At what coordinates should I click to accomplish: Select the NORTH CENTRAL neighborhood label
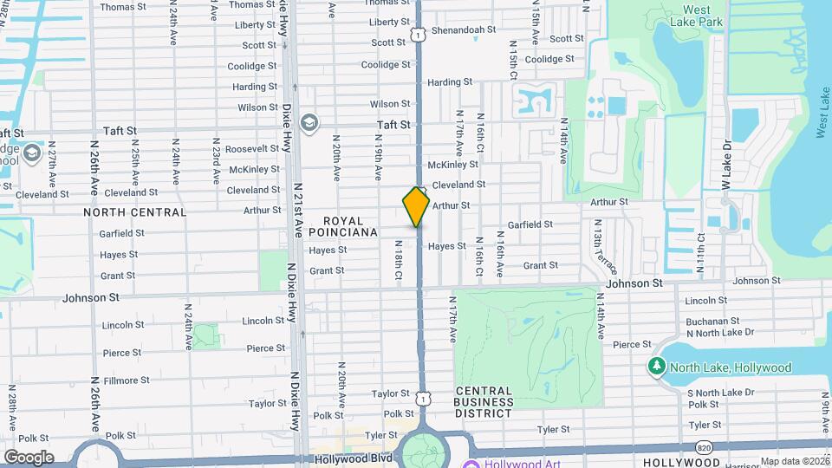click(134, 212)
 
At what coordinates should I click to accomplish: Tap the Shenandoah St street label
click(463, 29)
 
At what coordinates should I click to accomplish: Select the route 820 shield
click(705, 447)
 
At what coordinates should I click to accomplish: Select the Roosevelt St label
click(251, 149)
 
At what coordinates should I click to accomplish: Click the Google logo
click(29, 458)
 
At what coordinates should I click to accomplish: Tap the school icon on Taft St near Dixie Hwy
click(309, 122)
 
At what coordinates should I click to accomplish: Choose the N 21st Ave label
click(298, 211)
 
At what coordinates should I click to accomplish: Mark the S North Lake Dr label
click(719, 393)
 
